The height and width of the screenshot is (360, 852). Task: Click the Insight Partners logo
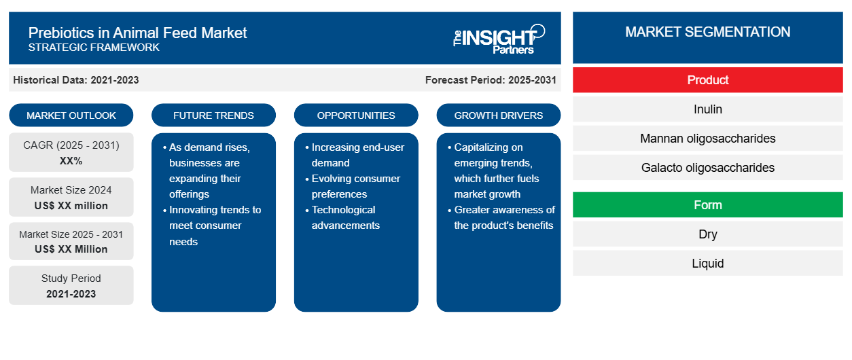click(x=499, y=39)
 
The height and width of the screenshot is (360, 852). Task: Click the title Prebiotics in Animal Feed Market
click(x=137, y=33)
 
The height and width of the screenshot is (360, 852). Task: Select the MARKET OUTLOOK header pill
click(x=71, y=115)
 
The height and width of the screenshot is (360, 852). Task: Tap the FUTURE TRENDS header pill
click(x=213, y=115)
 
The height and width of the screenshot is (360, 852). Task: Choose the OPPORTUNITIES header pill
click(x=356, y=115)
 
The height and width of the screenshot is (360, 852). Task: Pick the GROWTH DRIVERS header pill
click(x=498, y=115)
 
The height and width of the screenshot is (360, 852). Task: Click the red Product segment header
click(x=707, y=80)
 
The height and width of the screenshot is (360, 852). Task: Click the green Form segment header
click(x=707, y=205)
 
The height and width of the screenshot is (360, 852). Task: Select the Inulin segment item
click(x=707, y=109)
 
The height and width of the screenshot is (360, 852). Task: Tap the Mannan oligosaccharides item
click(x=707, y=139)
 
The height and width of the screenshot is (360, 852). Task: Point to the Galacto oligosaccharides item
click(x=707, y=168)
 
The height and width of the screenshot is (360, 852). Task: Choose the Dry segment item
click(x=707, y=234)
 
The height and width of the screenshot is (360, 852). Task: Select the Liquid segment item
click(x=707, y=263)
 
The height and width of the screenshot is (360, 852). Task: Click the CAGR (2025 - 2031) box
click(x=71, y=152)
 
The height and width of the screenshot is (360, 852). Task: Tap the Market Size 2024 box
click(x=71, y=197)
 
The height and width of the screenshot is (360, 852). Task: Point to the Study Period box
click(x=71, y=285)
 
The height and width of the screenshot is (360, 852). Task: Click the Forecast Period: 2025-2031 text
click(x=491, y=80)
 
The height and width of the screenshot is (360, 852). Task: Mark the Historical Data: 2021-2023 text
click(x=76, y=80)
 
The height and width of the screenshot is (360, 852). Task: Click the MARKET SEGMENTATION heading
click(x=707, y=32)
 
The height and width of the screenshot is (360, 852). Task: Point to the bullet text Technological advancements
click(x=345, y=217)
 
